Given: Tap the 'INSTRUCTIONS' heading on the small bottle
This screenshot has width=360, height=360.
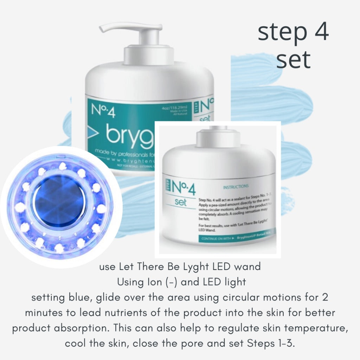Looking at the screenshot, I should pos(236,186).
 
